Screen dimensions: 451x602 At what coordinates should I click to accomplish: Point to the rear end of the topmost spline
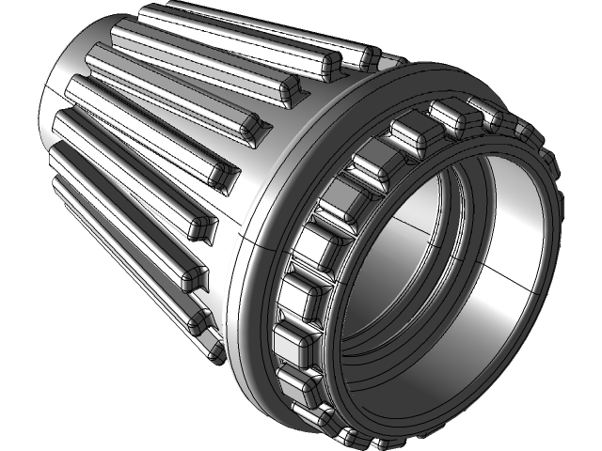pyautogui.click(x=150, y=13)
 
